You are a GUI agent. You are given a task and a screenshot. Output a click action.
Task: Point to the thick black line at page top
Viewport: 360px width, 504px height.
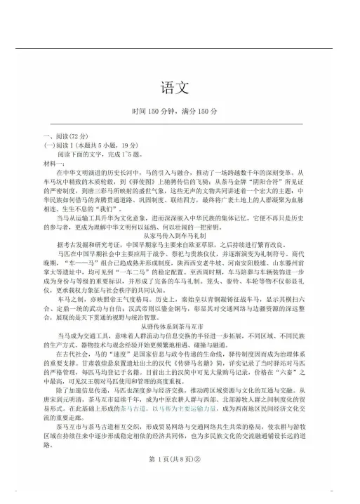coord(180,48)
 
